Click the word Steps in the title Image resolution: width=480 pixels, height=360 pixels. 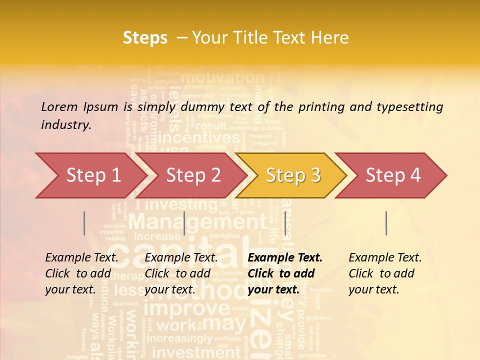145,37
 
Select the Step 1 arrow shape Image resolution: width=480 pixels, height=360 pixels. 90,175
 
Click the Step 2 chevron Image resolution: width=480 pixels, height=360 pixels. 193,175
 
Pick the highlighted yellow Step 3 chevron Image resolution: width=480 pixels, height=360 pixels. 293,175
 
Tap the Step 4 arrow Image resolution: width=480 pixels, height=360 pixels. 393,175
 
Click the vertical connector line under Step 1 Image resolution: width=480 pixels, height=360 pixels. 84,223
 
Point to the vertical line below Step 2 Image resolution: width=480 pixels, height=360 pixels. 184,223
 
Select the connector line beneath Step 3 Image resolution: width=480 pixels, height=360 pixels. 285,223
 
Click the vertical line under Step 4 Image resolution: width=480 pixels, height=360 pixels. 386,223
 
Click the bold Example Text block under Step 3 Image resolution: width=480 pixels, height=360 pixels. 285,273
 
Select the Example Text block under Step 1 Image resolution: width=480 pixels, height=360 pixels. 82,273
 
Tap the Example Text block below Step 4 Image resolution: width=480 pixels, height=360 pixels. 385,273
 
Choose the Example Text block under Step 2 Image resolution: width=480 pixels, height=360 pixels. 181,273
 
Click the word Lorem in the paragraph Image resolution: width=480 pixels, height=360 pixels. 59,106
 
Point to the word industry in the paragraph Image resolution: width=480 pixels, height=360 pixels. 65,124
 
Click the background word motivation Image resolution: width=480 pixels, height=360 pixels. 222,77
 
